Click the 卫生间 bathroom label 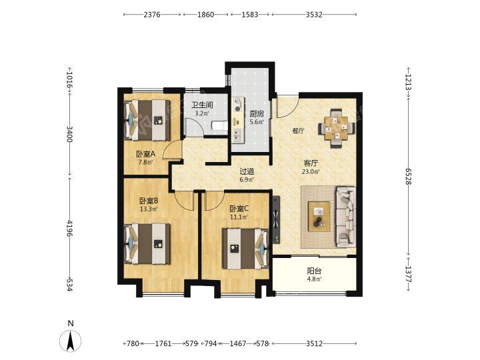[202, 105]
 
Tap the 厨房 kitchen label [257, 114]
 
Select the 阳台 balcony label [314, 271]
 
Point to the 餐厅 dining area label [298, 131]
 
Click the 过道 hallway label [247, 172]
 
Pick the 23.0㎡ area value [311, 172]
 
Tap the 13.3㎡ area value [149, 209]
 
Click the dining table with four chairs [337, 128]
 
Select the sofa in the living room [346, 217]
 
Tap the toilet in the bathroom [220, 126]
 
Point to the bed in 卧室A [147, 120]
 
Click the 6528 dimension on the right [408, 176]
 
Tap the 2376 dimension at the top [152, 15]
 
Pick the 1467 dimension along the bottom [238, 343]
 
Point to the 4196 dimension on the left [69, 228]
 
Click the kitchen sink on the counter [237, 134]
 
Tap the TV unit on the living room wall [276, 219]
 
